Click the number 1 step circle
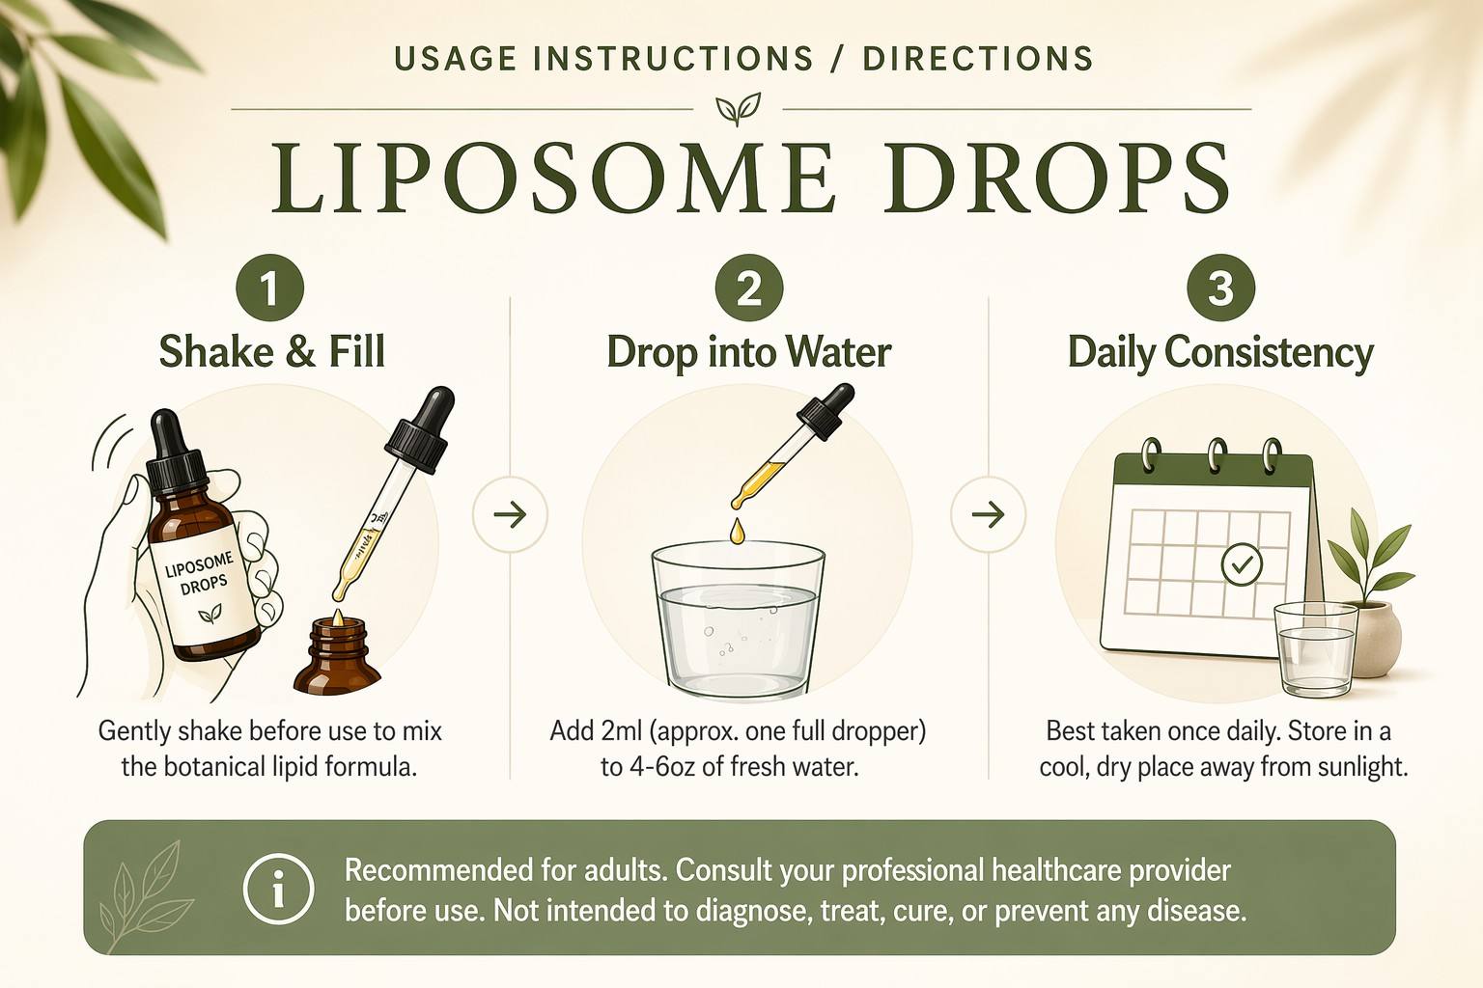(x=270, y=288)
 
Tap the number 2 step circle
(x=749, y=288)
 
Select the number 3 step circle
(x=1220, y=288)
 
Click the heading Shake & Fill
(x=272, y=351)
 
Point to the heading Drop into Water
(x=749, y=351)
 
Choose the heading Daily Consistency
(x=1220, y=353)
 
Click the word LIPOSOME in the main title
(x=551, y=178)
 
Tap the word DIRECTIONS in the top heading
(x=977, y=58)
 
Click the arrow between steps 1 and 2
(x=510, y=514)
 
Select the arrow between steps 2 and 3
(x=988, y=514)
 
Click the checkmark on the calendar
(x=1242, y=564)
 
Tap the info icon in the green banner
(x=278, y=888)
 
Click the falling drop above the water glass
(x=737, y=532)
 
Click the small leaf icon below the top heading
(x=739, y=109)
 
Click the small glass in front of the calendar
(x=1316, y=650)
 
